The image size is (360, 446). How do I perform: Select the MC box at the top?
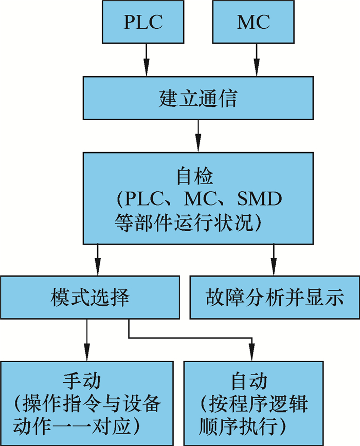253,22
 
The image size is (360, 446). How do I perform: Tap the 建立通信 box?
197,98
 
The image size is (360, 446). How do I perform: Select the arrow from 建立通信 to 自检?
198,136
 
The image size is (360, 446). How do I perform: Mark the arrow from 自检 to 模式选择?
97,260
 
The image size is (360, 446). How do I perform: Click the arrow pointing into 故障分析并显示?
274,260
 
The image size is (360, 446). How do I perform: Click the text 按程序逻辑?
253,404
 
